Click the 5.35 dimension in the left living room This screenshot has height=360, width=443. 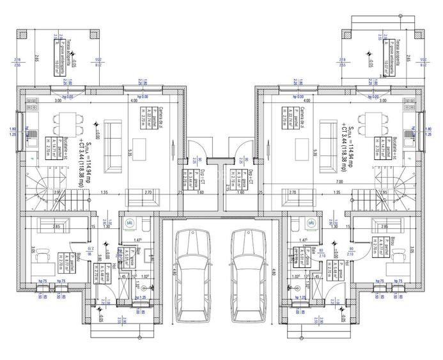point(130,153)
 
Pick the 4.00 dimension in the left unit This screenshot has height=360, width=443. point(134,101)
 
